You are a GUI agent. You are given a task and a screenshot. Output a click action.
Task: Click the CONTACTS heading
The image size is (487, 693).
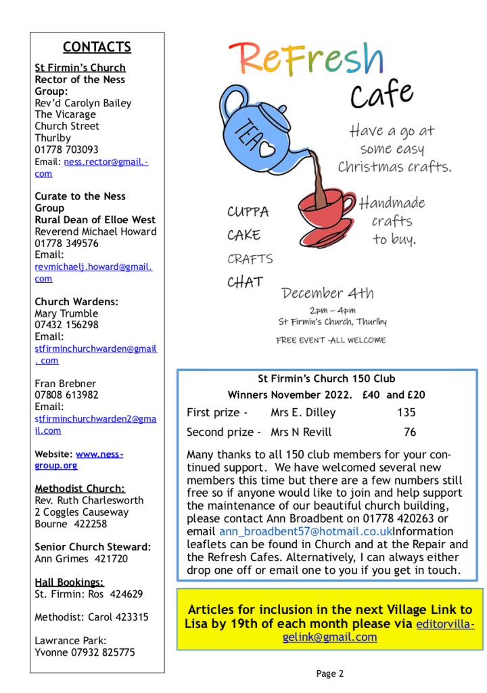pyautogui.click(x=97, y=47)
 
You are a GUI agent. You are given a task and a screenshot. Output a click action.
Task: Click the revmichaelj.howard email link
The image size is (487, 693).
pyautogui.click(x=93, y=273)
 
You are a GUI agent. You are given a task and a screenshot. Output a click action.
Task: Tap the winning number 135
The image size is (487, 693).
pyautogui.click(x=407, y=413)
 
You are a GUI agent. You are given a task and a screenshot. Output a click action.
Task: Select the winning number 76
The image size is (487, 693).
pyautogui.click(x=410, y=432)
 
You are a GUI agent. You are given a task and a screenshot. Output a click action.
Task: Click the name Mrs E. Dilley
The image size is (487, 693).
pyautogui.click(x=302, y=413)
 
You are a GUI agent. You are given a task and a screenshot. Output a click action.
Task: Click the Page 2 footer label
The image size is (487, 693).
pyautogui.click(x=330, y=673)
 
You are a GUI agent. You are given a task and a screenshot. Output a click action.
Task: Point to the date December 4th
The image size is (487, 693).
pyautogui.click(x=327, y=294)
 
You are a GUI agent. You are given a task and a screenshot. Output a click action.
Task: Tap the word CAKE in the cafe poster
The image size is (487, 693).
pyautogui.click(x=243, y=236)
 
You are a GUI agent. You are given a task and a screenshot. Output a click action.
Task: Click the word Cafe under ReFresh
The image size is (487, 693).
pyautogui.click(x=381, y=94)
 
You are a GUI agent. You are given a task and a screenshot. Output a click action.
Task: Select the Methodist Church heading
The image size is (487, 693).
pyautogui.click(x=80, y=489)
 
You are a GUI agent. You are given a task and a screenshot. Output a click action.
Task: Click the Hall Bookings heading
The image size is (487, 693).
pyautogui.click(x=70, y=582)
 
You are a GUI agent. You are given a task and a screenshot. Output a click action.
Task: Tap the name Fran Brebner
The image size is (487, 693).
pyautogui.click(x=66, y=384)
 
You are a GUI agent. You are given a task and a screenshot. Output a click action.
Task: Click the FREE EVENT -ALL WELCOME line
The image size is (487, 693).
pyautogui.click(x=331, y=340)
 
